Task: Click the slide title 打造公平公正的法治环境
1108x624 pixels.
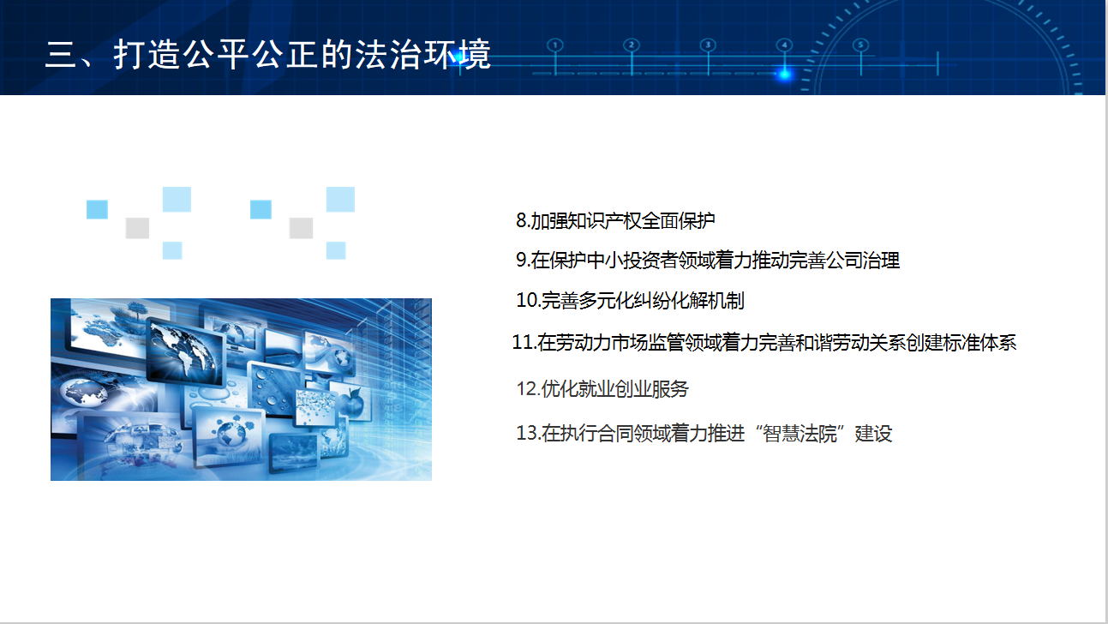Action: click(267, 55)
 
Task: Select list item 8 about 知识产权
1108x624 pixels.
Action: click(615, 220)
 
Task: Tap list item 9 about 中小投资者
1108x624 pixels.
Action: click(707, 261)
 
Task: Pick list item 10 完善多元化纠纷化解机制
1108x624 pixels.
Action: click(630, 300)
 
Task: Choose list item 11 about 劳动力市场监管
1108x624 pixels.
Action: click(764, 343)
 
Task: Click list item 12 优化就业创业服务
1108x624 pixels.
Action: click(602, 389)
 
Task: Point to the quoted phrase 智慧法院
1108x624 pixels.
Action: click(800, 434)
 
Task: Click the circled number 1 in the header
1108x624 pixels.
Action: click(555, 45)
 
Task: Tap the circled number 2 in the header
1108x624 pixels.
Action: click(632, 45)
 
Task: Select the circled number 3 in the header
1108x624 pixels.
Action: click(708, 45)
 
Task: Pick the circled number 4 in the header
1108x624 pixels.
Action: click(784, 45)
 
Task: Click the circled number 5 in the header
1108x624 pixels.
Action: click(860, 45)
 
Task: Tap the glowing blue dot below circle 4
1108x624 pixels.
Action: click(784, 75)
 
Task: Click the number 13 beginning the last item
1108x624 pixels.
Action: click(527, 434)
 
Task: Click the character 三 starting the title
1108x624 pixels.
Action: click(60, 55)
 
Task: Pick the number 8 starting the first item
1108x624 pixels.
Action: click(521, 220)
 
